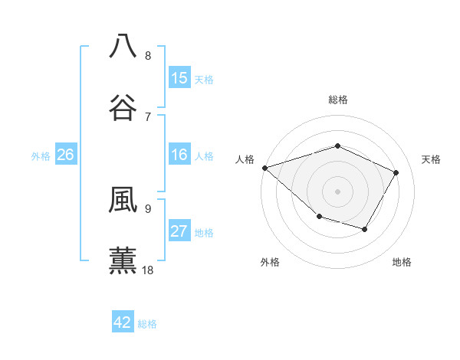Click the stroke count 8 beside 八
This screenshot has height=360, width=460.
148,55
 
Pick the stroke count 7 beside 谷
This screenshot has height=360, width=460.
148,116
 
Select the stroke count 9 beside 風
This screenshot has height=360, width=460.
148,208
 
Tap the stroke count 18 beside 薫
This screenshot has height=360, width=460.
149,270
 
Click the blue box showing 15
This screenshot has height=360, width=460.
179,78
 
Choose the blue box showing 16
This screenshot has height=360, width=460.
179,155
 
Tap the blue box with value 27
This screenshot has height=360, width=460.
179,231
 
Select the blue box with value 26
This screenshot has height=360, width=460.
65,155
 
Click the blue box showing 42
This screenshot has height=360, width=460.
123,322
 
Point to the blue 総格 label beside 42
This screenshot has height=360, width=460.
147,324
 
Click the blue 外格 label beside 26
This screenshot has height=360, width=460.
41,156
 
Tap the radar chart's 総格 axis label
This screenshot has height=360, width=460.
337,100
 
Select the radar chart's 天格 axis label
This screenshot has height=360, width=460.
431,159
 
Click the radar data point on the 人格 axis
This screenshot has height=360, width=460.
264,168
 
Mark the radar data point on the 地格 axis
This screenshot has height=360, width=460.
365,229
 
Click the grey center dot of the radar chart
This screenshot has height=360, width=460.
337,191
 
